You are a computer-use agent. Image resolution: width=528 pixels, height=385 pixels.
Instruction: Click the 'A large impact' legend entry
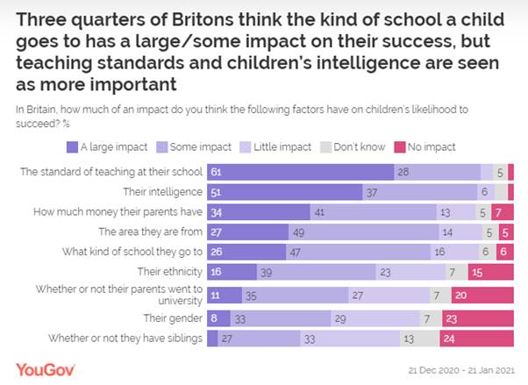pyautogui.click(x=111, y=146)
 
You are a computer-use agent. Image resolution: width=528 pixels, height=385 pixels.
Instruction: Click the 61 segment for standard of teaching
pyautogui.click(x=300, y=172)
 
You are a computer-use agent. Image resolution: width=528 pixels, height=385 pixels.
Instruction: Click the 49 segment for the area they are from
pyautogui.click(x=364, y=232)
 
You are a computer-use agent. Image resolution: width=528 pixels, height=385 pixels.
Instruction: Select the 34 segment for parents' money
pyautogui.click(x=259, y=212)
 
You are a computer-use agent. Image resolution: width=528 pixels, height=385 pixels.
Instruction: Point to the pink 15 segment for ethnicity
pyautogui.click(x=490, y=273)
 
